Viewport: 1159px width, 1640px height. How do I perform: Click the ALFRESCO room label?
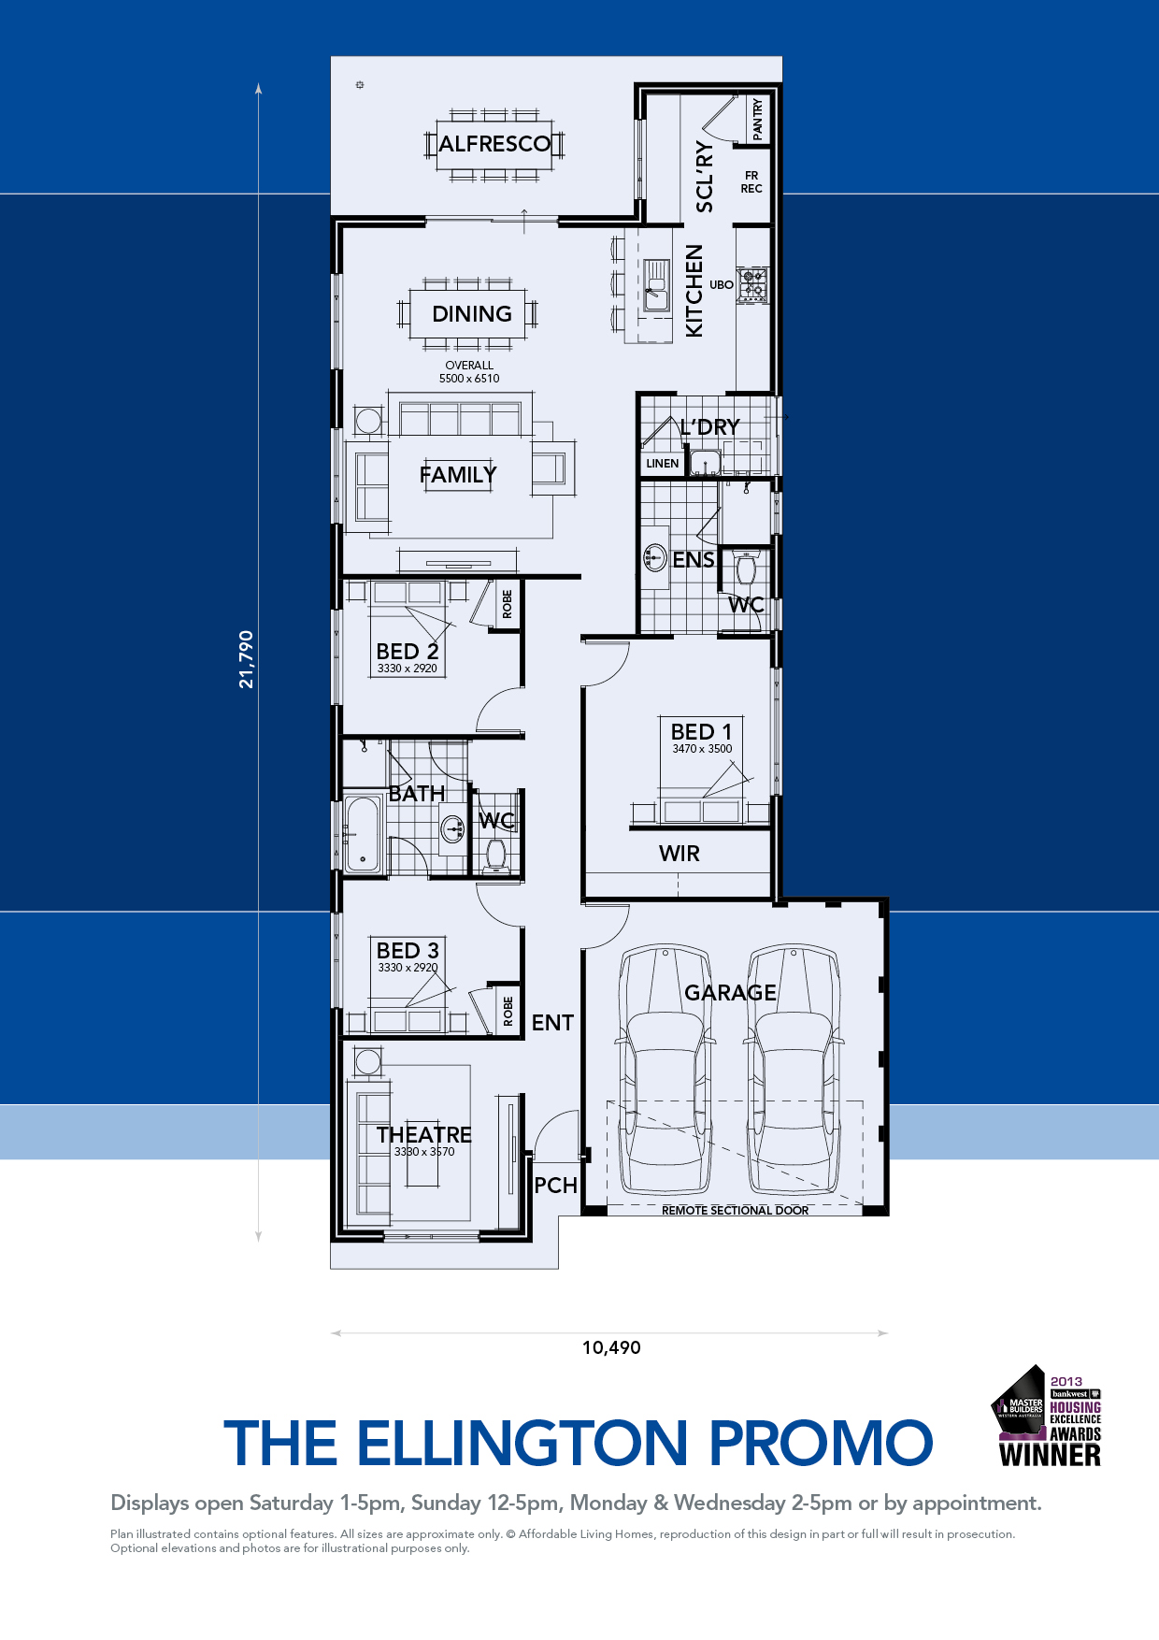tap(494, 144)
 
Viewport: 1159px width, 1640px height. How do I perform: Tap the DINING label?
tap(472, 314)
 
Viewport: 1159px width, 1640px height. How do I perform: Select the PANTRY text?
tap(757, 120)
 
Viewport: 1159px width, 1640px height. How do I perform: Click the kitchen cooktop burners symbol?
tap(752, 285)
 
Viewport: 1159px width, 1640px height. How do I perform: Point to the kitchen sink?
tap(656, 285)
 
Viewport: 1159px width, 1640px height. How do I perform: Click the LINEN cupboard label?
tap(663, 464)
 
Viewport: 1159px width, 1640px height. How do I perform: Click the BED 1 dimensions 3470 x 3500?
tap(702, 749)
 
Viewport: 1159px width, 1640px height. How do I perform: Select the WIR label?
tap(680, 854)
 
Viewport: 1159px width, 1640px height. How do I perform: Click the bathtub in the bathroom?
tap(363, 833)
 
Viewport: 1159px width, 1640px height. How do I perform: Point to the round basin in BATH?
tap(453, 828)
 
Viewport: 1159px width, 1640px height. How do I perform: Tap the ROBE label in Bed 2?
tap(508, 604)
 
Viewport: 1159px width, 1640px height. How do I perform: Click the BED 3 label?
tap(408, 950)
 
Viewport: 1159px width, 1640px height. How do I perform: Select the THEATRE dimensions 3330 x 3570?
tap(424, 1152)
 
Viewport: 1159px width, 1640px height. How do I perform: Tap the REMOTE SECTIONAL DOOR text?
tap(736, 1211)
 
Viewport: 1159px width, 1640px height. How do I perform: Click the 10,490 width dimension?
tap(611, 1347)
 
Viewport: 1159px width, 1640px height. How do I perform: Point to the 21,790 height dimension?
tap(247, 660)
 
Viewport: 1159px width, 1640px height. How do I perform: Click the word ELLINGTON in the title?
tap(522, 1443)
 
